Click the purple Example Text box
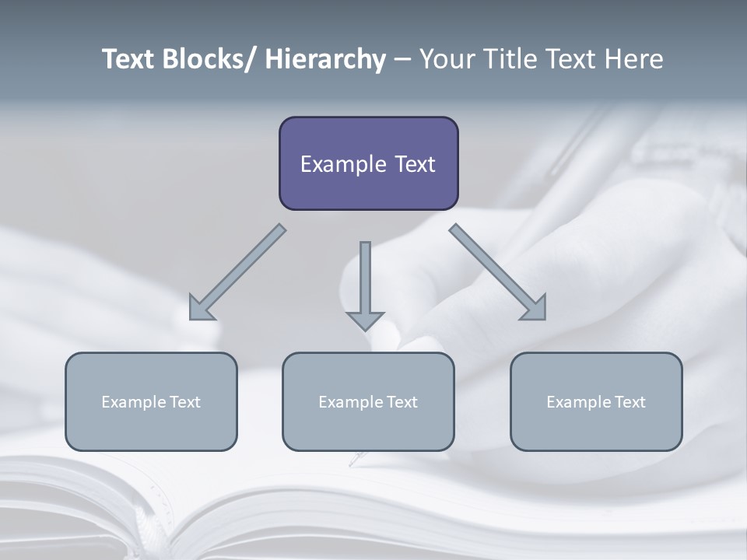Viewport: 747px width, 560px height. pos(368,163)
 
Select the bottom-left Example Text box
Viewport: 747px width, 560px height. pos(151,401)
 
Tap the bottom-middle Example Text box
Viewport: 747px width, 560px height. pos(368,401)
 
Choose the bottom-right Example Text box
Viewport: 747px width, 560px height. pos(596,401)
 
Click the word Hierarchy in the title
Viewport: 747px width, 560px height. pos(325,59)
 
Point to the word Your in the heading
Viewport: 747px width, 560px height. pos(446,59)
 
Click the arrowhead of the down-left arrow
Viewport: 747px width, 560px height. pos(200,310)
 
